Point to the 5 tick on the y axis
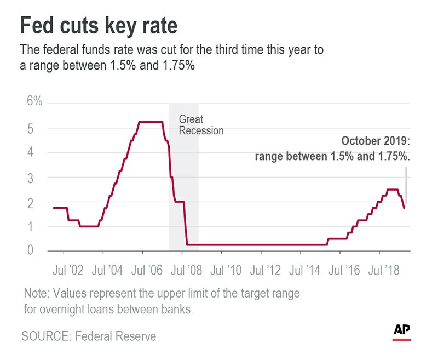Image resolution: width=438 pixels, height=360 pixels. [x=31, y=129]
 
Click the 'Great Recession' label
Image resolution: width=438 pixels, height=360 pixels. [x=201, y=125]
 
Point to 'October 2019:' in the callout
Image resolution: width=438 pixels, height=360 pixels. [x=376, y=141]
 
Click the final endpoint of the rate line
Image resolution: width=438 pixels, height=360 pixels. [x=404, y=208]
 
